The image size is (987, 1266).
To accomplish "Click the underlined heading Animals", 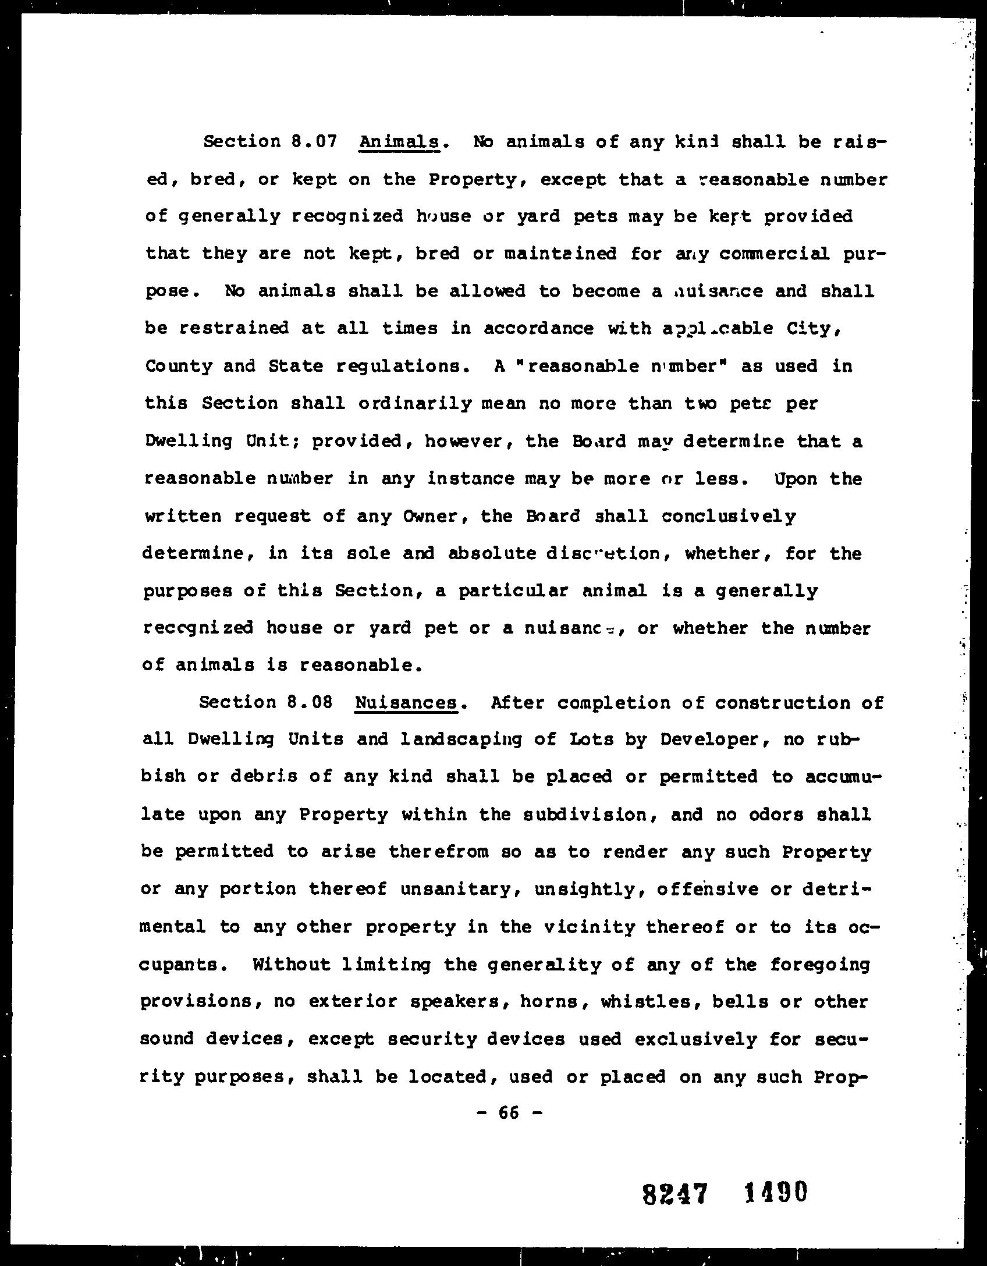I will (x=399, y=142).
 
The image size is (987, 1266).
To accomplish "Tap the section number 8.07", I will (x=313, y=142).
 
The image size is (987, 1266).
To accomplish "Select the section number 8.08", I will (x=310, y=702).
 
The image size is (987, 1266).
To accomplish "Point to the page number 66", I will (x=509, y=1112).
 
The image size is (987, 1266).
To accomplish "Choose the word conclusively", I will (x=729, y=516).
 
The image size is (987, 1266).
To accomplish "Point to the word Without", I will (x=292, y=965).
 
